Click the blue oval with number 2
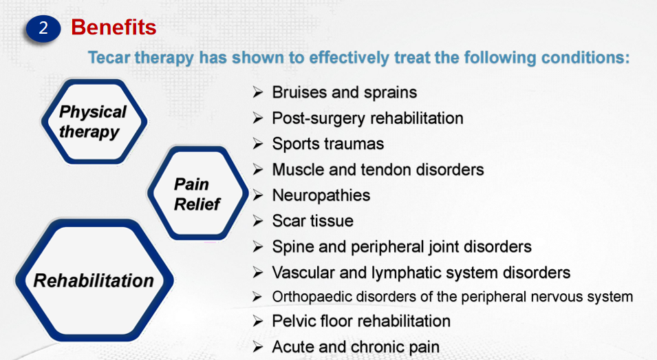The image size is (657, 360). click(x=43, y=28)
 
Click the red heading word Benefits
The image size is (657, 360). click(x=114, y=28)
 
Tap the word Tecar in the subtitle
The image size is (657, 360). click(x=109, y=57)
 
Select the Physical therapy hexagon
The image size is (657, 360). click(x=94, y=122)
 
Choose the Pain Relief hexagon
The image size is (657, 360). click(x=197, y=193)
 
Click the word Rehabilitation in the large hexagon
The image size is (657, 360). click(x=94, y=280)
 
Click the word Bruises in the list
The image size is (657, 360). click(x=299, y=92)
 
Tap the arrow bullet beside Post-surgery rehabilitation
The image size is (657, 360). click(x=258, y=118)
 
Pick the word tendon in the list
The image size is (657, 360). click(x=385, y=170)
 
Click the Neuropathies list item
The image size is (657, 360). click(x=321, y=195)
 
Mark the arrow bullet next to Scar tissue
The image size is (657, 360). click(x=258, y=221)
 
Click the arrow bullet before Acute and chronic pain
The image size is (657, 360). click(x=258, y=347)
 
